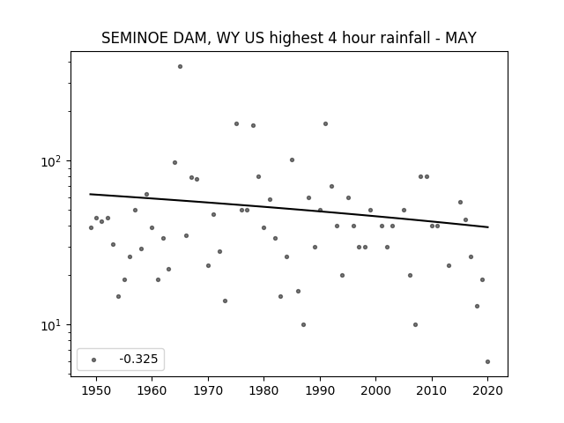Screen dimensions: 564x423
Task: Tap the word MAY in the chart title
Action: point(461,38)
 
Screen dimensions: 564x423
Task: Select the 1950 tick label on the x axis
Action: point(96,390)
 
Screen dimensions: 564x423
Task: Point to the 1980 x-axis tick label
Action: point(263,390)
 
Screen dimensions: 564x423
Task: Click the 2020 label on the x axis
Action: point(487,390)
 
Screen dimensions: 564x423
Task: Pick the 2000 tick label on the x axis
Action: point(375,390)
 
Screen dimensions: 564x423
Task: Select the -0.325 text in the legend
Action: point(138,359)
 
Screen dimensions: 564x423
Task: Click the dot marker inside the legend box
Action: point(93,360)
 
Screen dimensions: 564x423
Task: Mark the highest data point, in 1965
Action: point(180,67)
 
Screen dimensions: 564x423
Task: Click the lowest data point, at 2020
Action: point(487,362)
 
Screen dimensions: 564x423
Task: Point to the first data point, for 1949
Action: point(91,227)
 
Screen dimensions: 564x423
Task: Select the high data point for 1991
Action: point(325,123)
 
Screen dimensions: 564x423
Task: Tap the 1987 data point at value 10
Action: point(303,325)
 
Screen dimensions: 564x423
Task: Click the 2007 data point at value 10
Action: point(415,325)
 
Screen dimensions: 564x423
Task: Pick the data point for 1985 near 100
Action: point(292,160)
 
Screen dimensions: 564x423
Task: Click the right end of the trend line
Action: point(488,227)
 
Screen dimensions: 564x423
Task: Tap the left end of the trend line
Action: point(90,194)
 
